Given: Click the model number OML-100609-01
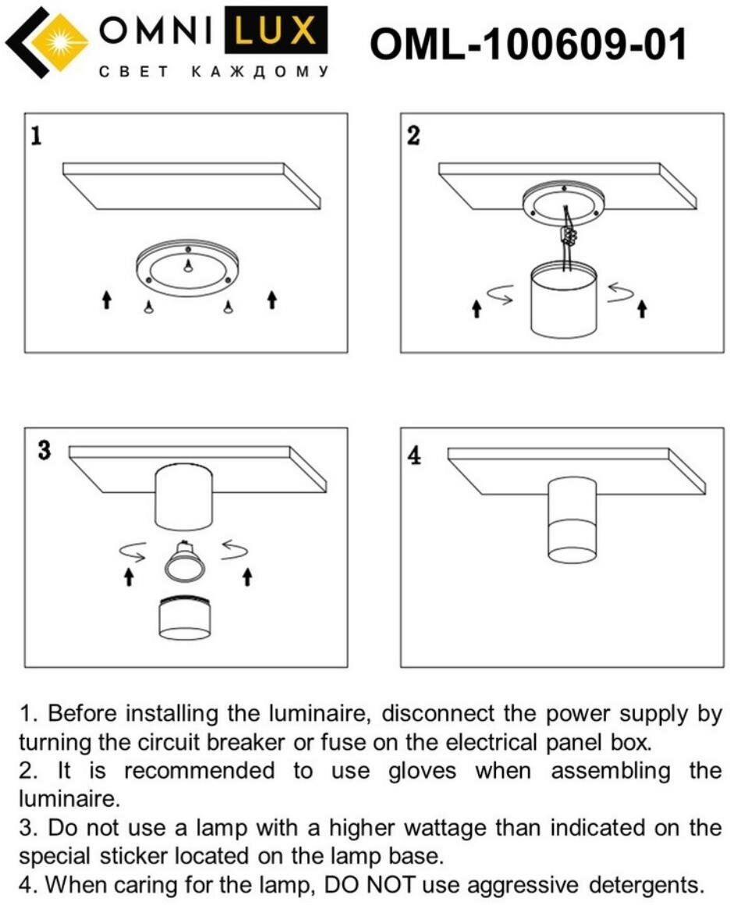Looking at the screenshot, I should point(528,44).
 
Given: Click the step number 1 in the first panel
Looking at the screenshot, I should point(36,137).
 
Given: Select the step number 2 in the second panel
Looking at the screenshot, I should point(413,135).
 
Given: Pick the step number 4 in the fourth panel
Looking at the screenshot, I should point(415,455).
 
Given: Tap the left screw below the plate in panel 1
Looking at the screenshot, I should point(147,307).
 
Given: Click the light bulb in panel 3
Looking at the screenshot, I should point(185,563).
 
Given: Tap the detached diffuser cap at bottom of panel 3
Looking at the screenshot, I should point(185,619).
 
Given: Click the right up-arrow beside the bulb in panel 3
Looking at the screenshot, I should point(247,576).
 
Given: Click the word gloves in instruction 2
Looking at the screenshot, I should point(422,771).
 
